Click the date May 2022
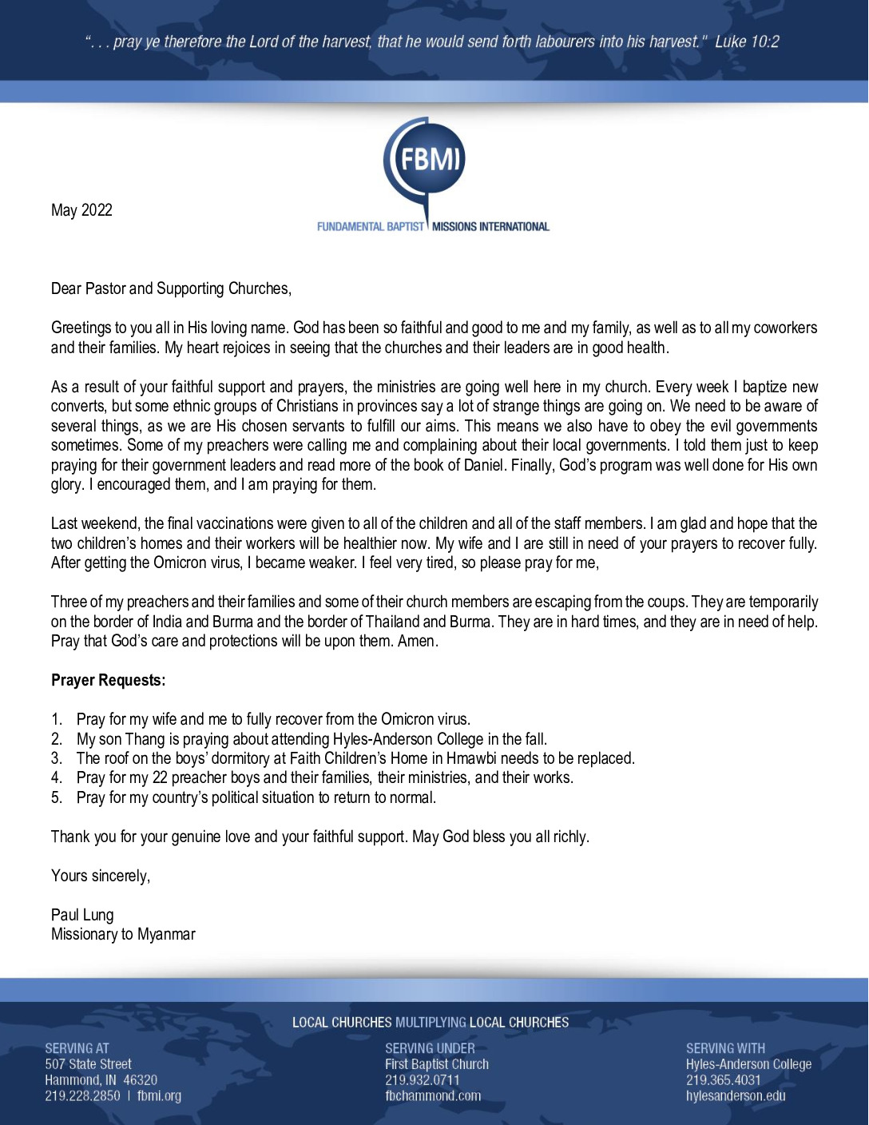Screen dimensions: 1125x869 coord(81,210)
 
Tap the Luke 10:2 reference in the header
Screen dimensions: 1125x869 coord(747,42)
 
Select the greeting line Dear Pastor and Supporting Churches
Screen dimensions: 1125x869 coord(171,288)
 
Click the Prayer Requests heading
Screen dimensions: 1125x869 coord(109,680)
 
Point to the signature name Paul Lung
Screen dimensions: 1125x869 coord(82,915)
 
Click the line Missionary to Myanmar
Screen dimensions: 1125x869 coord(123,934)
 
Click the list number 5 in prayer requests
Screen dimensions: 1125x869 coord(56,797)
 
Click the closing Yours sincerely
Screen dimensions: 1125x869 coord(101,876)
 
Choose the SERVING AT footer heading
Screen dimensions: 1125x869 coord(77,1048)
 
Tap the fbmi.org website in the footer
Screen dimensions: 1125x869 coord(159,1095)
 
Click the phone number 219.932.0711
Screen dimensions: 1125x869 coord(423,1080)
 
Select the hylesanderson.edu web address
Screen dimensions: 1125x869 coord(736,1095)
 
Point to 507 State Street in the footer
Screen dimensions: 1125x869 coord(88,1064)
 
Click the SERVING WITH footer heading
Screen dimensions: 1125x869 coord(725,1048)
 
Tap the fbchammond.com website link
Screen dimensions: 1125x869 coord(433,1095)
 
